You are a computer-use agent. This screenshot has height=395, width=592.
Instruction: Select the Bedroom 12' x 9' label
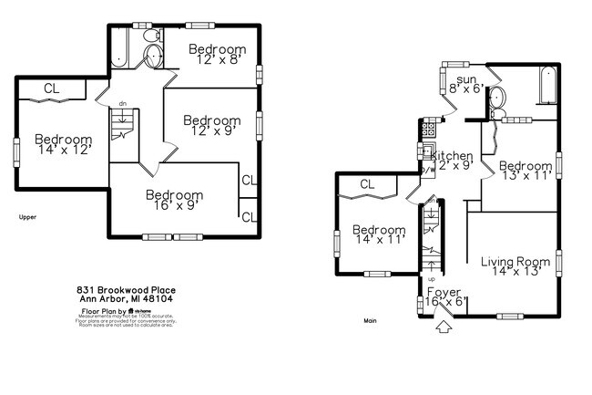pyautogui.click(x=212, y=125)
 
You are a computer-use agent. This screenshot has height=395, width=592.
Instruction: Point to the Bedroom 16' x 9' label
pyautogui.click(x=174, y=201)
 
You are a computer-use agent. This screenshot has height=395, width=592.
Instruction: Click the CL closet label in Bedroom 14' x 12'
pyautogui.click(x=52, y=88)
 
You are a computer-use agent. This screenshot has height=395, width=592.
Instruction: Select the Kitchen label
pyautogui.click(x=452, y=161)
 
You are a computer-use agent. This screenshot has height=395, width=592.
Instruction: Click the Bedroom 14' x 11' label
pyautogui.click(x=379, y=234)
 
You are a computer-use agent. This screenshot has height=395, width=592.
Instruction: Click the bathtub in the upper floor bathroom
pyautogui.click(x=119, y=47)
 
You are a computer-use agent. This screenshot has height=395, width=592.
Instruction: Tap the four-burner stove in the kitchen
pyautogui.click(x=425, y=151)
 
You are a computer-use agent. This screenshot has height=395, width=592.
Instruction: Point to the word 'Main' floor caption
pyautogui.click(x=370, y=320)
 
